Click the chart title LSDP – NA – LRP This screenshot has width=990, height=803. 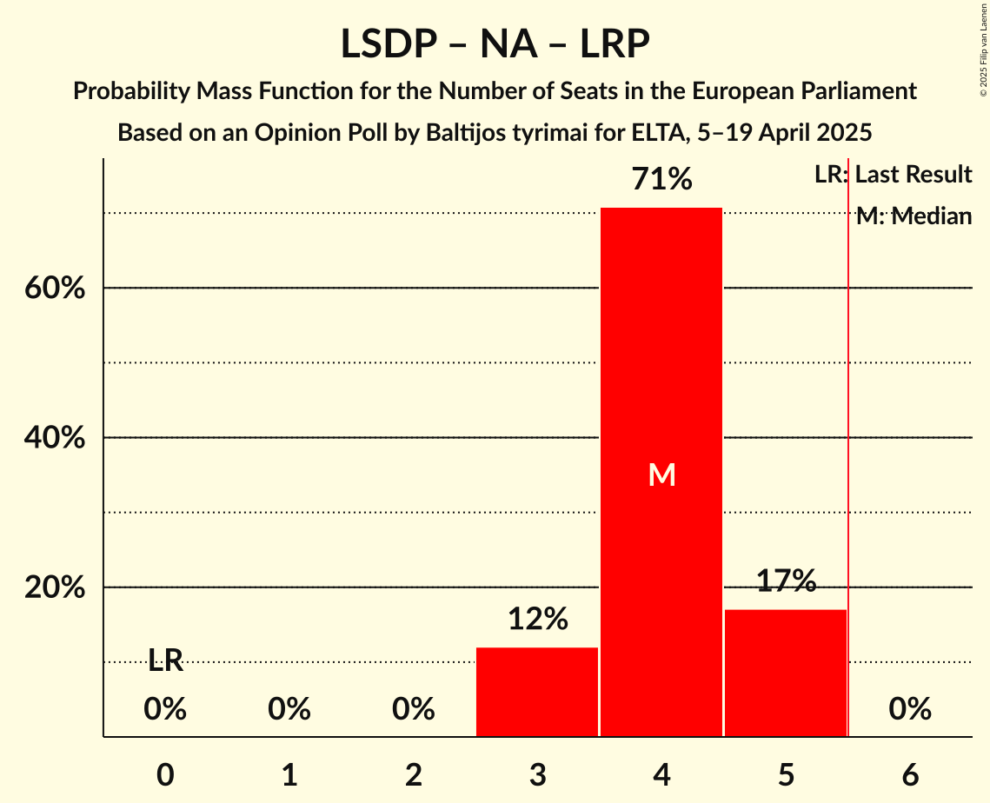pyautogui.click(x=495, y=43)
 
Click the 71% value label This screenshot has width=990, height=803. pyautogui.click(x=661, y=180)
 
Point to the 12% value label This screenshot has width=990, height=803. pyautogui.click(x=537, y=620)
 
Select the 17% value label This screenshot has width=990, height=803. pyautogui.click(x=786, y=581)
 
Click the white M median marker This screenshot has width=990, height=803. pyautogui.click(x=661, y=474)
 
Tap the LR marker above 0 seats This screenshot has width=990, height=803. pyautogui.click(x=165, y=661)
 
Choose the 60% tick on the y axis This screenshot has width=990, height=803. pyautogui.click(x=54, y=289)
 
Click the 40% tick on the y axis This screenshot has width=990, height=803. pyautogui.click(x=54, y=438)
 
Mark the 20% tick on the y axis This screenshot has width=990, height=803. pyautogui.click(x=54, y=588)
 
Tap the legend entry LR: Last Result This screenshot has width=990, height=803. pyautogui.click(x=893, y=175)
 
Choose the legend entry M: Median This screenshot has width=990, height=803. pyautogui.click(x=914, y=216)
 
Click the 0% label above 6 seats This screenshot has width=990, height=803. pyautogui.click(x=910, y=710)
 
